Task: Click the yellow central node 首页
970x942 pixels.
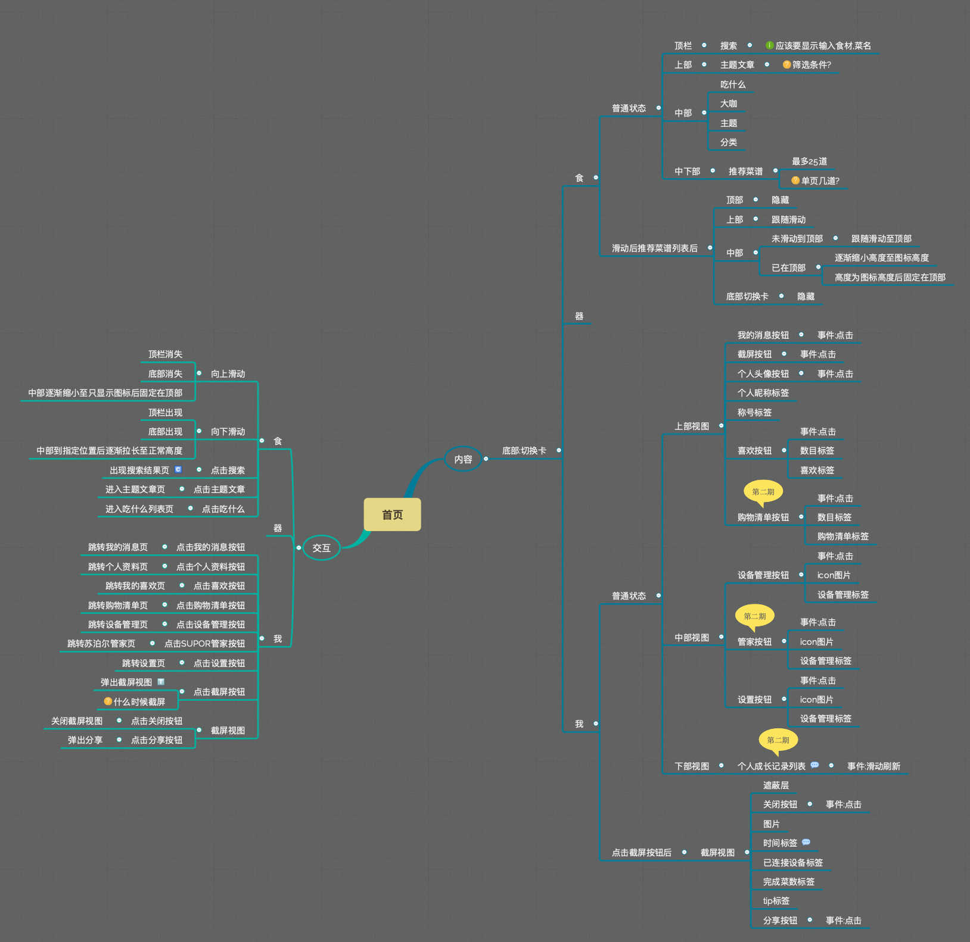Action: click(x=392, y=514)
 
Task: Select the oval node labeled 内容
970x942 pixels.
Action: click(x=463, y=459)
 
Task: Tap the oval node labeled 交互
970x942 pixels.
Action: click(x=321, y=548)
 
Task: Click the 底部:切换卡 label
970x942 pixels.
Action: click(x=524, y=451)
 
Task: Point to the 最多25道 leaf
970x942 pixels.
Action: click(x=809, y=161)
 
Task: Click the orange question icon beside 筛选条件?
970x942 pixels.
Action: click(x=786, y=64)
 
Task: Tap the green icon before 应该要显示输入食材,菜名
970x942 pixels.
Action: click(x=769, y=45)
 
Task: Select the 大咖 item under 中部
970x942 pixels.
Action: click(x=728, y=104)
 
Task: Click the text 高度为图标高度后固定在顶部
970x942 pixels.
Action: click(x=890, y=277)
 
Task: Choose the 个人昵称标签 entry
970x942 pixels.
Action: click(x=763, y=393)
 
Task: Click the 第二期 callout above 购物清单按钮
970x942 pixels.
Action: click(x=763, y=492)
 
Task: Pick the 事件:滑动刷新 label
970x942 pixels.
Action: click(x=873, y=766)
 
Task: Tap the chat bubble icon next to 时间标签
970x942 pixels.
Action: click(x=806, y=843)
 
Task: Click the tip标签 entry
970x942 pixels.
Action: click(x=776, y=901)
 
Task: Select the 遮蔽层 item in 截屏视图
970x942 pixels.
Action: click(x=776, y=785)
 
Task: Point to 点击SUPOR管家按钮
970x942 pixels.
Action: click(x=204, y=644)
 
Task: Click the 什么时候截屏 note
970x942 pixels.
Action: click(x=139, y=702)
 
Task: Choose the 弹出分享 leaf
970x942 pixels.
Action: click(x=85, y=740)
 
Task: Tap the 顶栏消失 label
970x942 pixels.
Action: click(x=165, y=354)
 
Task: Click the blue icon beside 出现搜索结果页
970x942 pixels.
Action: click(x=178, y=470)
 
